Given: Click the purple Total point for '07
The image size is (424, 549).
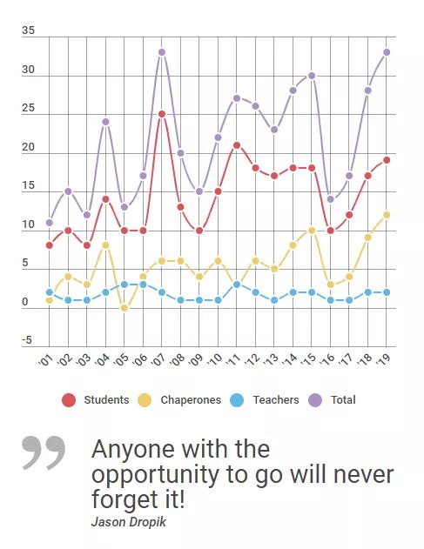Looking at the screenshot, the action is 162,52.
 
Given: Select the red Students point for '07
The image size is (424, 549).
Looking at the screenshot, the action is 162,114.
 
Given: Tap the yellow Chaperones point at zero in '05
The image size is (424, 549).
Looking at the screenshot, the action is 124,308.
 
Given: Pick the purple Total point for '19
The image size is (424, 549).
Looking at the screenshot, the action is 387,52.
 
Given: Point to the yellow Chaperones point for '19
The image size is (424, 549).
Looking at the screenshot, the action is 387,215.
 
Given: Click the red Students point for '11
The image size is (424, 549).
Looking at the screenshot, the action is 237,145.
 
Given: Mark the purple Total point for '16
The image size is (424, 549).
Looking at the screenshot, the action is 331,199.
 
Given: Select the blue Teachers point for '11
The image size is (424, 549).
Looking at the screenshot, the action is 237,285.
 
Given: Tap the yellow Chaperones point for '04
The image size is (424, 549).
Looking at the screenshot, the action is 105,245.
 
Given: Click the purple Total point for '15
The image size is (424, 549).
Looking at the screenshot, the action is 312,76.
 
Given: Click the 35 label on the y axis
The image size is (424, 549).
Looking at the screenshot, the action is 29,30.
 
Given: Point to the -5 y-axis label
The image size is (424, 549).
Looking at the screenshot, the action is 27,340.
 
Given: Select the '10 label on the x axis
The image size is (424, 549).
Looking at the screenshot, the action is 215,358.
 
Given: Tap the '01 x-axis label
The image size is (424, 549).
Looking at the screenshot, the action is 45,359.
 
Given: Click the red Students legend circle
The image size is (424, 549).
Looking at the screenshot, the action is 69,400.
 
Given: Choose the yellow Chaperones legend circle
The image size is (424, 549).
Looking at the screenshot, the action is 145,400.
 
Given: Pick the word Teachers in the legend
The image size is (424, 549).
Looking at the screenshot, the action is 276,400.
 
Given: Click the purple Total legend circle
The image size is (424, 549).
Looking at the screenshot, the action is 315,400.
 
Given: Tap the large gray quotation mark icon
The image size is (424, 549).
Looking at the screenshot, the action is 44,452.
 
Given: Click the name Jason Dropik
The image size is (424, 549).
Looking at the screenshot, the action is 129,522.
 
